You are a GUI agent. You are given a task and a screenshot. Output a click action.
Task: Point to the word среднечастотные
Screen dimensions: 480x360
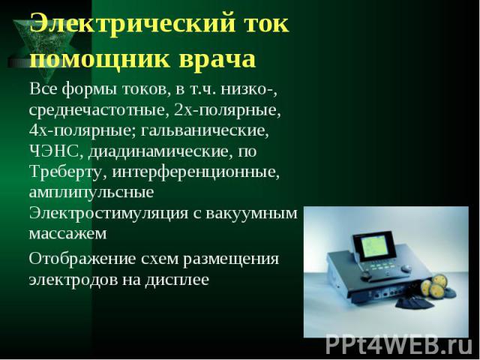(99, 110)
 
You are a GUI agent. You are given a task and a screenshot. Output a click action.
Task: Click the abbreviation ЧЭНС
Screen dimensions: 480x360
(54, 151)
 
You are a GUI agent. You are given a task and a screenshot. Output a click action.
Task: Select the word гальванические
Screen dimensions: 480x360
(205, 130)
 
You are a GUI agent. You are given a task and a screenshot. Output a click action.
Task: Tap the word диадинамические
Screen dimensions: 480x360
(158, 152)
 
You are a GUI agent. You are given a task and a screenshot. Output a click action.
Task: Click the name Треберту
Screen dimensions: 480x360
(65, 172)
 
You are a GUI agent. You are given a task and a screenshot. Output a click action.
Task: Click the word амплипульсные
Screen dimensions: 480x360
(91, 193)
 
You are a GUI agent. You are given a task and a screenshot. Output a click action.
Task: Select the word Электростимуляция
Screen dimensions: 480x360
(109, 213)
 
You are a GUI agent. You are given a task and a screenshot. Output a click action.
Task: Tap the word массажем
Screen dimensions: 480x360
(68, 234)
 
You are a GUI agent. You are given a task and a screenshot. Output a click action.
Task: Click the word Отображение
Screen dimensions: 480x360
(82, 259)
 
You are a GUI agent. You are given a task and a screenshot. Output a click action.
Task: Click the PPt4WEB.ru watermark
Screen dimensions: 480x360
(399, 346)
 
